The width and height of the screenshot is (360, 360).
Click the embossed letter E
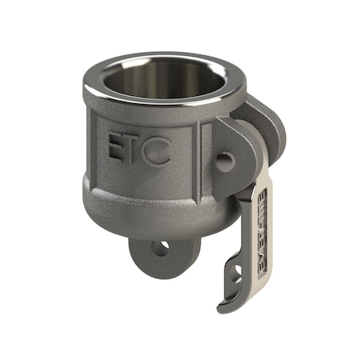[117, 150]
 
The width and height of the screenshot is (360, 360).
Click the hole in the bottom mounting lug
[161, 248]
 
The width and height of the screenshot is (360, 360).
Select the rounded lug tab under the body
[161, 254]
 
